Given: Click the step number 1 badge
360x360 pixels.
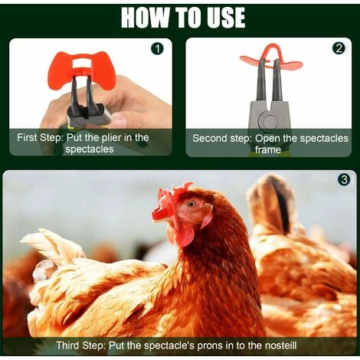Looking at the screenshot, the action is pyautogui.click(x=159, y=49).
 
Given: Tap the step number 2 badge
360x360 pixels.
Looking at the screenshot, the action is pyautogui.click(x=339, y=48).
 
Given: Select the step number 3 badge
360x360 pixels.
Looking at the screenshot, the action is pyautogui.click(x=344, y=180).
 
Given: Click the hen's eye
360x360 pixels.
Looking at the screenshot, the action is pyautogui.click(x=191, y=204).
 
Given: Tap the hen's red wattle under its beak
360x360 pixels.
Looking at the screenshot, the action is pyautogui.click(x=182, y=235).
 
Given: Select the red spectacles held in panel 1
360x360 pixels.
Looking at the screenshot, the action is pyautogui.click(x=81, y=68).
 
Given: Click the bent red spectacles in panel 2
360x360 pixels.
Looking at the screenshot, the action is pyautogui.click(x=272, y=61).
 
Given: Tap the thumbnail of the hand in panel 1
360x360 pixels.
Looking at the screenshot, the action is pyautogui.click(x=119, y=120).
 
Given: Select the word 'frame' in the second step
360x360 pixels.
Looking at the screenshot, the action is pyautogui.click(x=268, y=149).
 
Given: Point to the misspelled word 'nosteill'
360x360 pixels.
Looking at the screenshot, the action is pyautogui.click(x=280, y=345).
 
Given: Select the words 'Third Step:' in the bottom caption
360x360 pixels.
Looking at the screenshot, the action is pyautogui.click(x=81, y=345).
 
